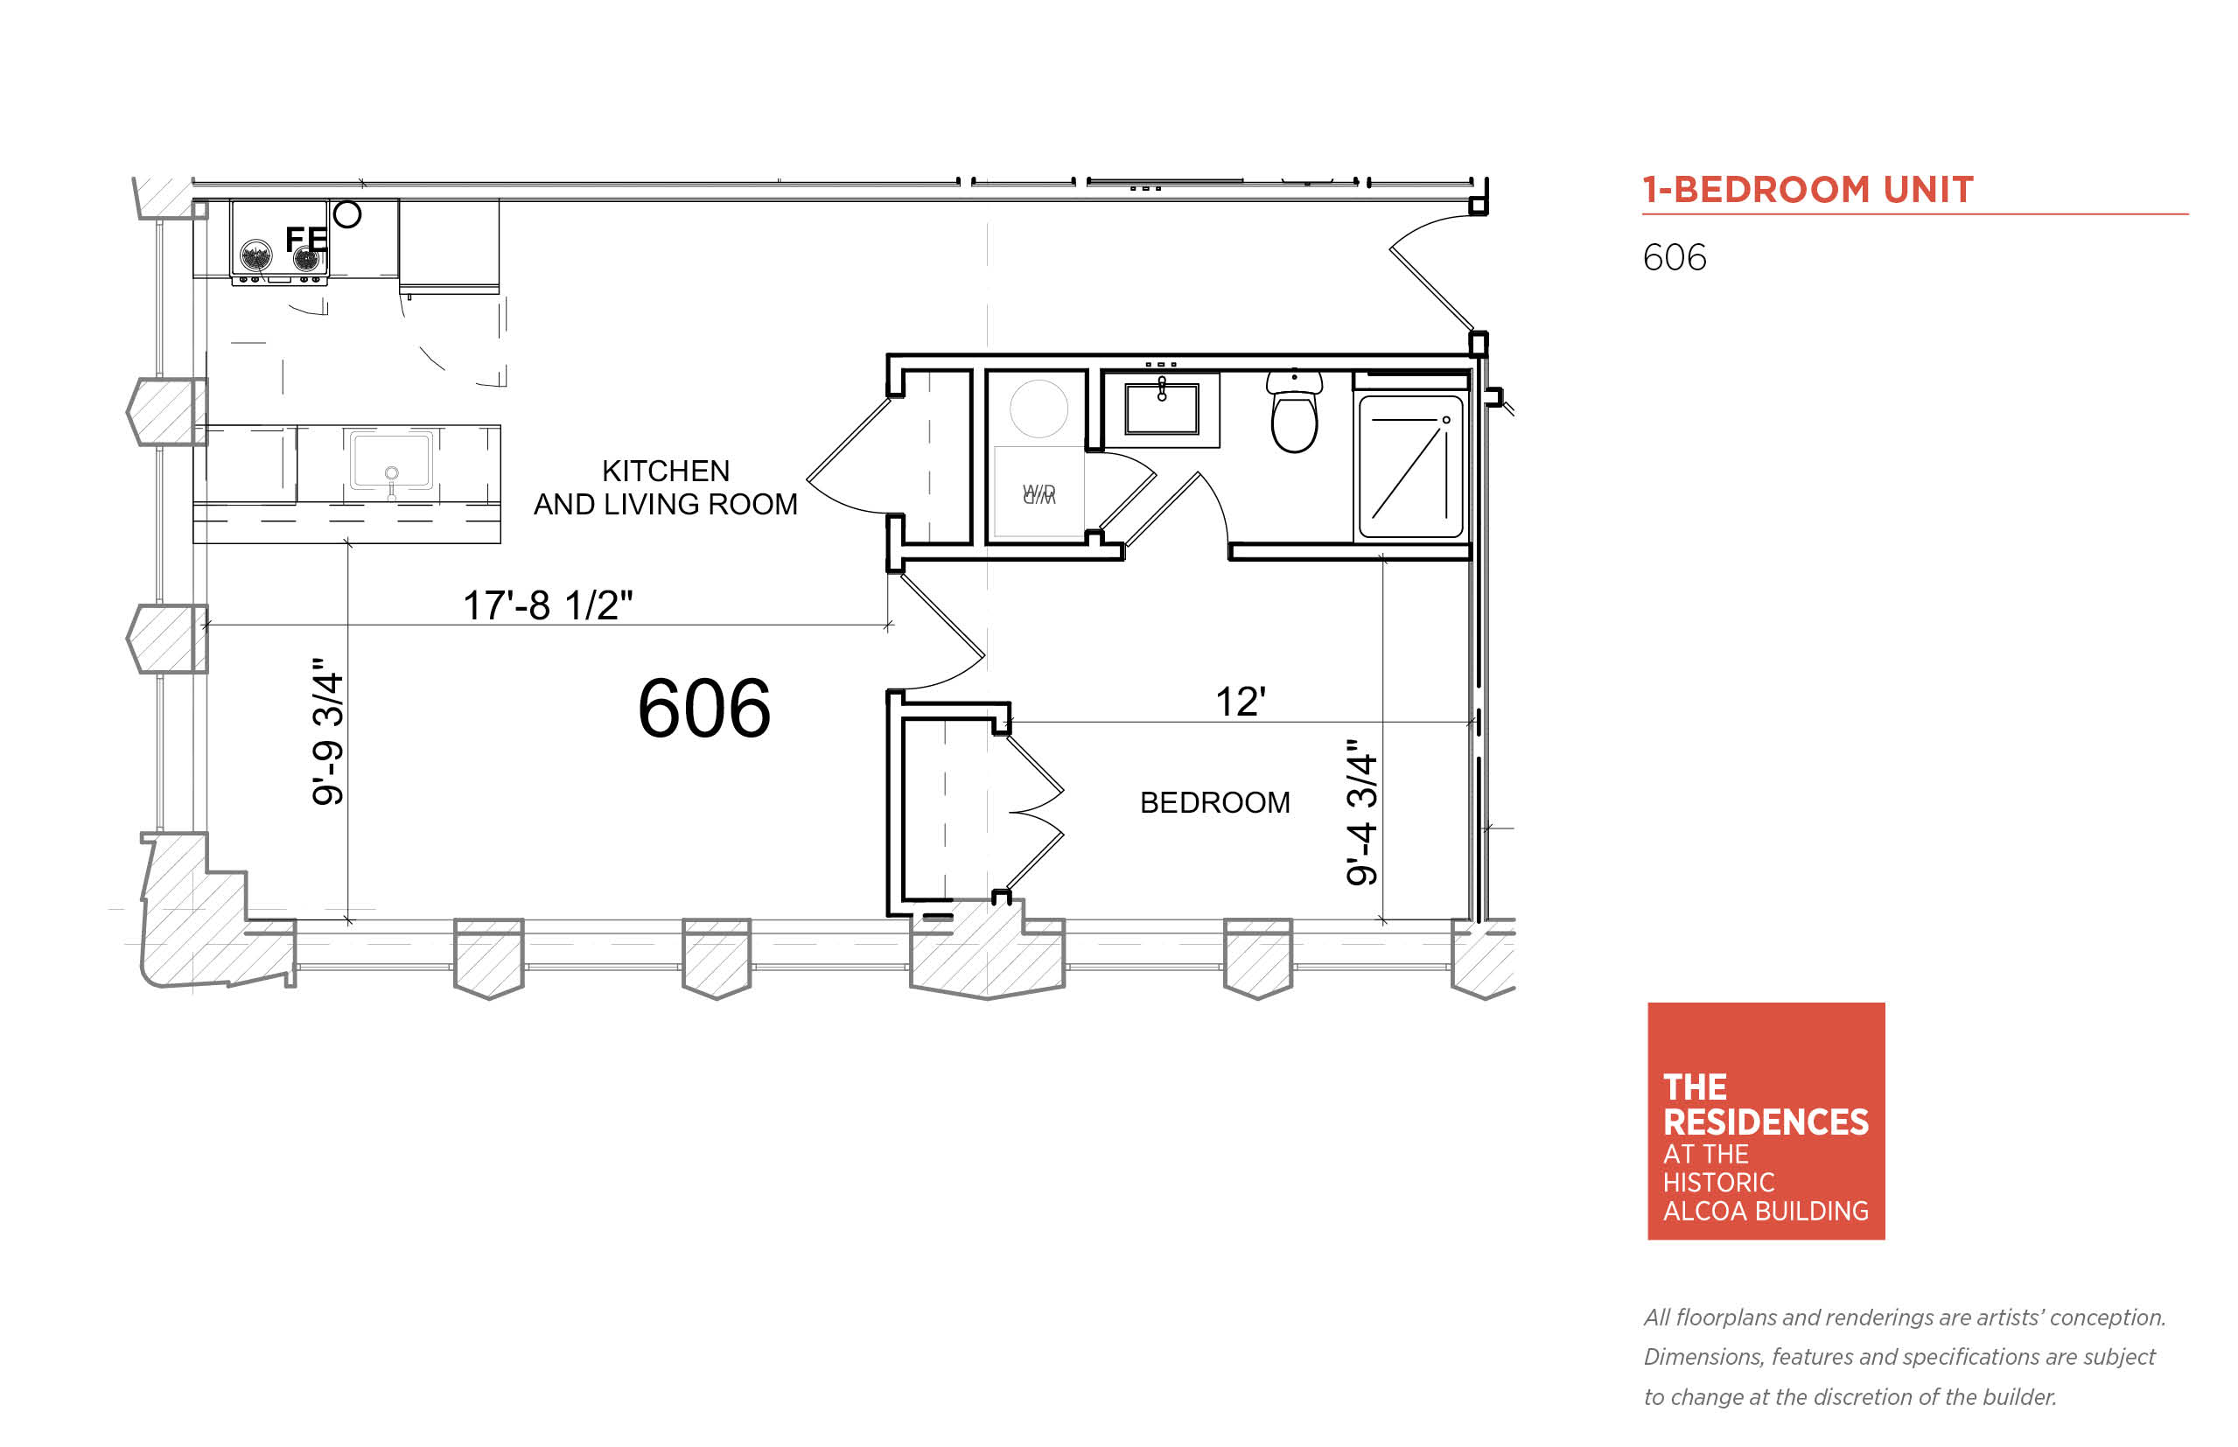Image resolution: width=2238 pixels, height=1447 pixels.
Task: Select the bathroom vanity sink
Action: tap(1161, 408)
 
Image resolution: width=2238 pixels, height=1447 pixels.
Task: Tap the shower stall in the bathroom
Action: tap(1410, 466)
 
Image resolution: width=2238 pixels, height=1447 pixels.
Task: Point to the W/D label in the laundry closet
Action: tap(1039, 494)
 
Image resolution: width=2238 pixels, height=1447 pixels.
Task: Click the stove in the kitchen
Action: tap(279, 242)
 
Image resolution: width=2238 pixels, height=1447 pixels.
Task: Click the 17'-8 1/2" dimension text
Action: tap(548, 605)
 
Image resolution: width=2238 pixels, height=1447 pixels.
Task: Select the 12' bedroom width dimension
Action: tap(1241, 702)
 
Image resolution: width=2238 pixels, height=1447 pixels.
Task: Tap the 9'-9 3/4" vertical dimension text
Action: tap(328, 731)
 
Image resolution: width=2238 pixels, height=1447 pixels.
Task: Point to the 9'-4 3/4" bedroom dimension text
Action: tap(1361, 812)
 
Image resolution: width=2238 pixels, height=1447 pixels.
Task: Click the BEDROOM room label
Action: tap(1215, 802)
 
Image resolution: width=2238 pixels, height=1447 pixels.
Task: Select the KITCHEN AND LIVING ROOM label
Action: tap(665, 486)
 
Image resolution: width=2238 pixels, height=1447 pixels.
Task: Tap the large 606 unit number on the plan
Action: tap(703, 709)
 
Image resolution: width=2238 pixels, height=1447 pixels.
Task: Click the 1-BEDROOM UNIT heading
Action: tap(1808, 189)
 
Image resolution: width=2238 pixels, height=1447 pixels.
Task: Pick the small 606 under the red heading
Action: tap(1675, 257)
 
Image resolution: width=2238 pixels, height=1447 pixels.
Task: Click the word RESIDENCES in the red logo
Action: tap(1766, 1122)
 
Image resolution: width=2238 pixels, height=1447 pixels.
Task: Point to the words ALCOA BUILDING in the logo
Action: tap(1766, 1211)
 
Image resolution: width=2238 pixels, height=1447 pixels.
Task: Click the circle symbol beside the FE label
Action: tap(347, 215)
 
